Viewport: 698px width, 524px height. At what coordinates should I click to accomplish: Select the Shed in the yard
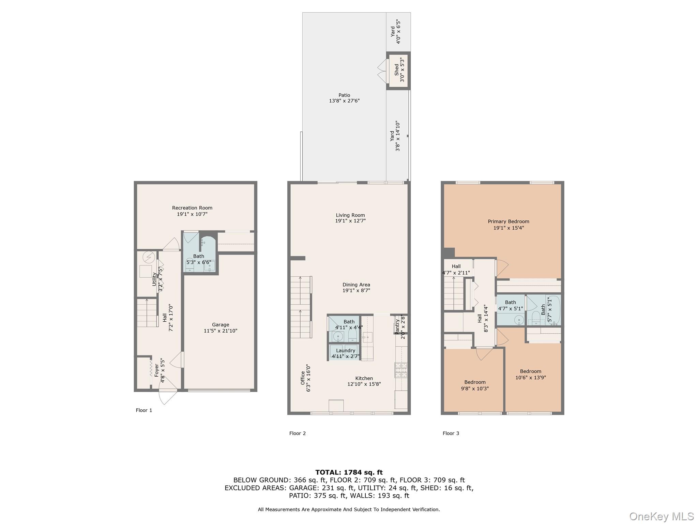(398, 71)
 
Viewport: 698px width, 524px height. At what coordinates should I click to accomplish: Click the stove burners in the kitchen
(401, 370)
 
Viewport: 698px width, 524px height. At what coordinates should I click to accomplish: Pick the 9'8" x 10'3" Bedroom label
(475, 385)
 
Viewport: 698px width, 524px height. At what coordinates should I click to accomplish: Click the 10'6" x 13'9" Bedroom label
(531, 375)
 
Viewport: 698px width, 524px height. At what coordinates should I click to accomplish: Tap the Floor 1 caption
(144, 410)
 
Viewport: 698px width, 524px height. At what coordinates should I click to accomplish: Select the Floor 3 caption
(451, 434)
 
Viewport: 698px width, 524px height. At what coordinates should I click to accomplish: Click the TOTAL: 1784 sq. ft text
(349, 472)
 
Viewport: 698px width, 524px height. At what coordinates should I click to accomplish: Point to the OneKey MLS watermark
(662, 516)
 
